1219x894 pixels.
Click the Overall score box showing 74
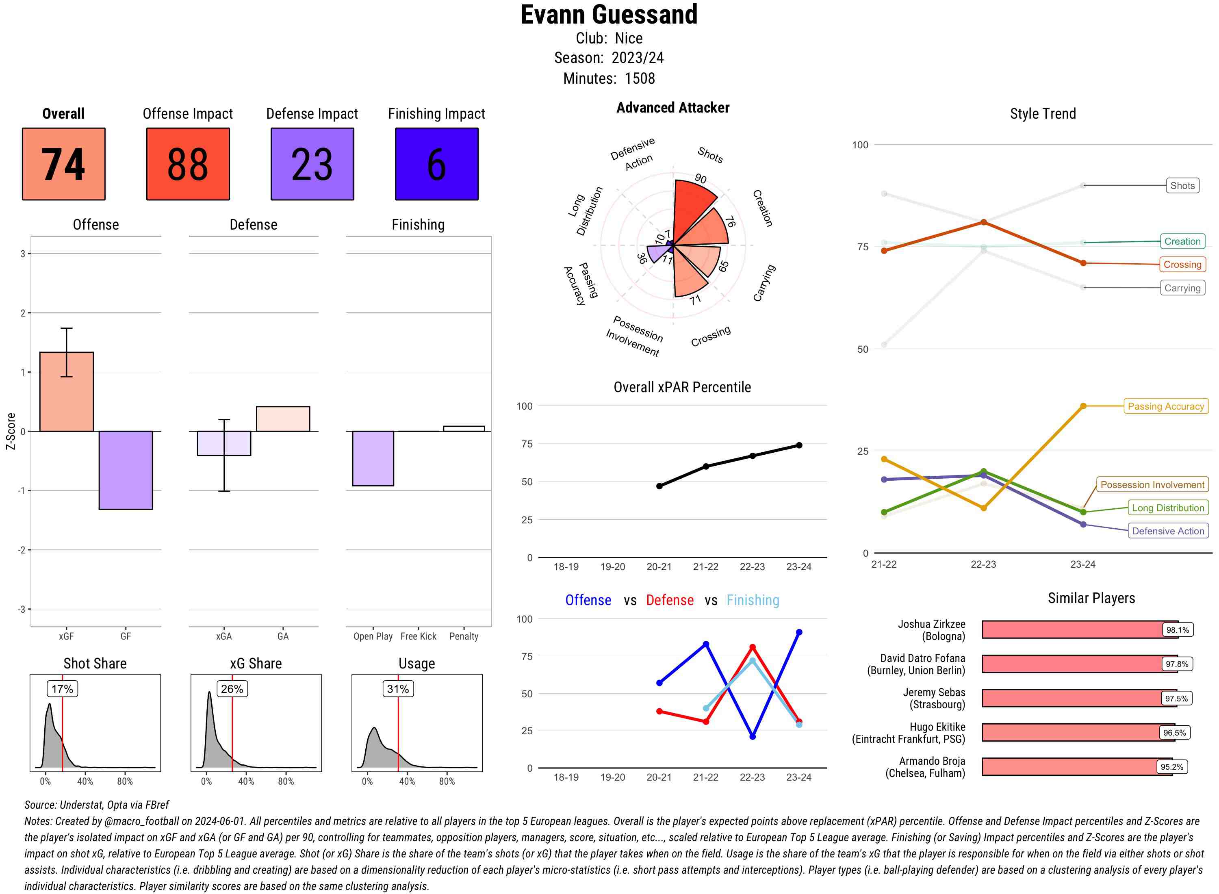[63, 164]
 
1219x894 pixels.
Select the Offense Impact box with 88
[188, 164]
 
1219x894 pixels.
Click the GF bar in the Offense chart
[126, 470]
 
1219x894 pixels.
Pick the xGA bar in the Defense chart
[224, 443]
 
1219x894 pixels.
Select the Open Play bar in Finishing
[373, 458]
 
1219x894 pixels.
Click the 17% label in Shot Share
[62, 689]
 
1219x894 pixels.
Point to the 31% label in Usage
[398, 689]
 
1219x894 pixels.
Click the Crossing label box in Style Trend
[1182, 265]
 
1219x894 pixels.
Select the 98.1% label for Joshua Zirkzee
[1177, 630]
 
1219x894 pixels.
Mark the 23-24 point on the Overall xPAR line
[799, 445]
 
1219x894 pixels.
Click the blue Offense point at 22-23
[752, 736]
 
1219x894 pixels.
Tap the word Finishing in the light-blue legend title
[753, 600]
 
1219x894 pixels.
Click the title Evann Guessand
[609, 15]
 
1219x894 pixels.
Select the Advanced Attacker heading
[672, 108]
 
